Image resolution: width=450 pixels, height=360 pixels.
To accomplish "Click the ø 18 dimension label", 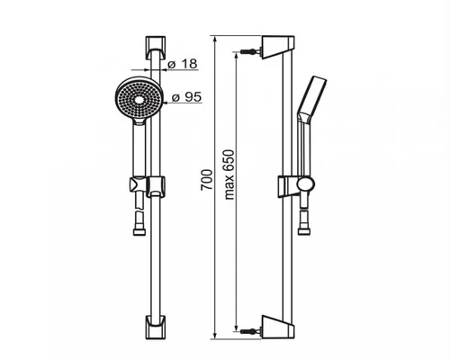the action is (x=183, y=64).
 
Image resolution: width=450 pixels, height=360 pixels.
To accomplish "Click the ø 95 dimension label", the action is (x=186, y=97).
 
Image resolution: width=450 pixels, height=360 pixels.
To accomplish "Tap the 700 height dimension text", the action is (x=207, y=180).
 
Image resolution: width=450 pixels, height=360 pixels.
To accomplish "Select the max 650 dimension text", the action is (x=229, y=175).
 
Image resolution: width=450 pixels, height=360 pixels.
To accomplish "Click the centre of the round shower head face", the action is (x=139, y=100).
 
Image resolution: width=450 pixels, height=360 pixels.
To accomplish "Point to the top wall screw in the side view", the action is (x=250, y=51).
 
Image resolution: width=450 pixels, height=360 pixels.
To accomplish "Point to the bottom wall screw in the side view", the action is (x=250, y=331).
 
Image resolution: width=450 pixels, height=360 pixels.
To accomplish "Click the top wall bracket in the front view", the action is (x=156, y=48).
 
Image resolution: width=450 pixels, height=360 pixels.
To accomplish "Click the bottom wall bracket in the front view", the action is (x=156, y=327).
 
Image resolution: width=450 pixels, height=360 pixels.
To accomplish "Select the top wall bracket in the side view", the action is (x=277, y=48).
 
